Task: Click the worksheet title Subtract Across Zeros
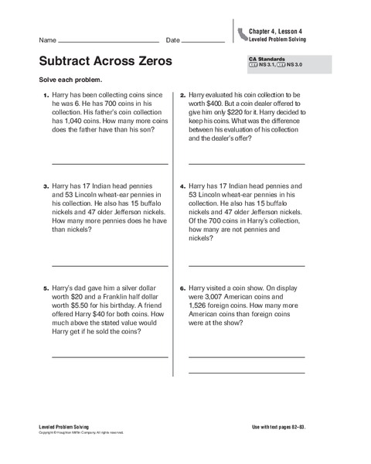click(x=105, y=61)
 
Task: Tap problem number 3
click(x=45, y=186)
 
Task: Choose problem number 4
click(x=182, y=186)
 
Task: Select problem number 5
click(x=45, y=288)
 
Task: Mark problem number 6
click(x=182, y=288)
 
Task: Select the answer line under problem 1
click(x=109, y=164)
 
